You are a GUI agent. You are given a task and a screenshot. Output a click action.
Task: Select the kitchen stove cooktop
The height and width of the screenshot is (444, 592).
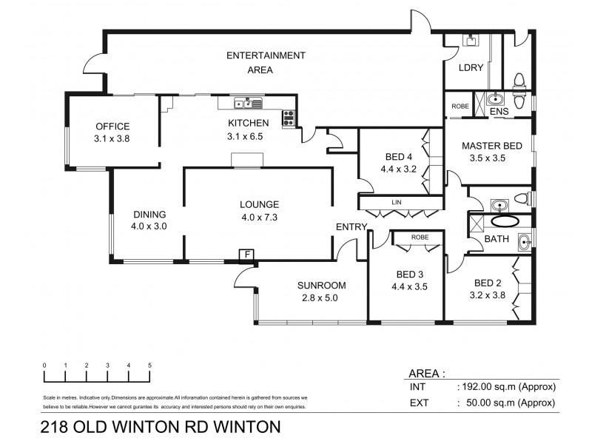[x=288, y=117]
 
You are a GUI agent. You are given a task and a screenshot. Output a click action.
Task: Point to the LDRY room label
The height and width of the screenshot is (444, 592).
[x=471, y=67]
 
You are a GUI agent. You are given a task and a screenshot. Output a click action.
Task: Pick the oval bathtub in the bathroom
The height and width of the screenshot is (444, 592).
[x=507, y=221]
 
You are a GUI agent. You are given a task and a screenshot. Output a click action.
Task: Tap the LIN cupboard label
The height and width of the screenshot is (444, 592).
[x=398, y=201]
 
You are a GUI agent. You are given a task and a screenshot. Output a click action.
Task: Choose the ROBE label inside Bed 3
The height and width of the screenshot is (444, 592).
[x=420, y=237]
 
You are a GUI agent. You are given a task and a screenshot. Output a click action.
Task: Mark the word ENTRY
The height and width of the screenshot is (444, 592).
[x=351, y=227]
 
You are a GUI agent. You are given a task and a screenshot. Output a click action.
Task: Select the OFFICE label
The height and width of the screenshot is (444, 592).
[x=112, y=126]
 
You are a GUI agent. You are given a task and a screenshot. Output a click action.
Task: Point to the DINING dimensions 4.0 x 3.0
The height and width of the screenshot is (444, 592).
[x=149, y=226]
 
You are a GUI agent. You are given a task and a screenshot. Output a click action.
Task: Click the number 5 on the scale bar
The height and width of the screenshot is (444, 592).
[x=150, y=366]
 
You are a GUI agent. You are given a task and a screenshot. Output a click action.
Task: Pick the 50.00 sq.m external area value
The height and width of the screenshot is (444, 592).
[x=509, y=403]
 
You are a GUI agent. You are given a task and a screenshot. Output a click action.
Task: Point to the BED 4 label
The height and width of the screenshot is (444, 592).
[x=398, y=156]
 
